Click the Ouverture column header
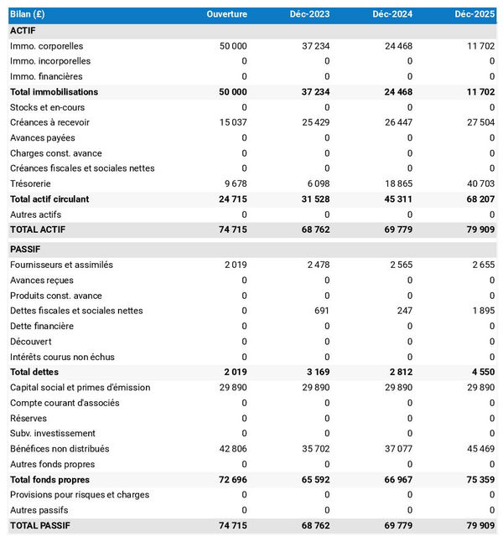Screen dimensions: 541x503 226,14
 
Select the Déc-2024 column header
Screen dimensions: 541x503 393,14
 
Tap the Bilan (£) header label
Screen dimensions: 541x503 28,14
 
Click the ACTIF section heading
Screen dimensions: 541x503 23,30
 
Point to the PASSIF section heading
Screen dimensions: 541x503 25,249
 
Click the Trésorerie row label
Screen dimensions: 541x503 30,183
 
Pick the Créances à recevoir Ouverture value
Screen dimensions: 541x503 231,122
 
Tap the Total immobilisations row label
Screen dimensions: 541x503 54,91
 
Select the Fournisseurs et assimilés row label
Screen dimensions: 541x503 61,265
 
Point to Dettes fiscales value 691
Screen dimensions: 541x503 323,311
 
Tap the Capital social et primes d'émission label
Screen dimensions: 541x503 80,387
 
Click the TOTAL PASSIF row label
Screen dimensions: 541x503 40,526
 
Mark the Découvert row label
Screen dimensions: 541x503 30,342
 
